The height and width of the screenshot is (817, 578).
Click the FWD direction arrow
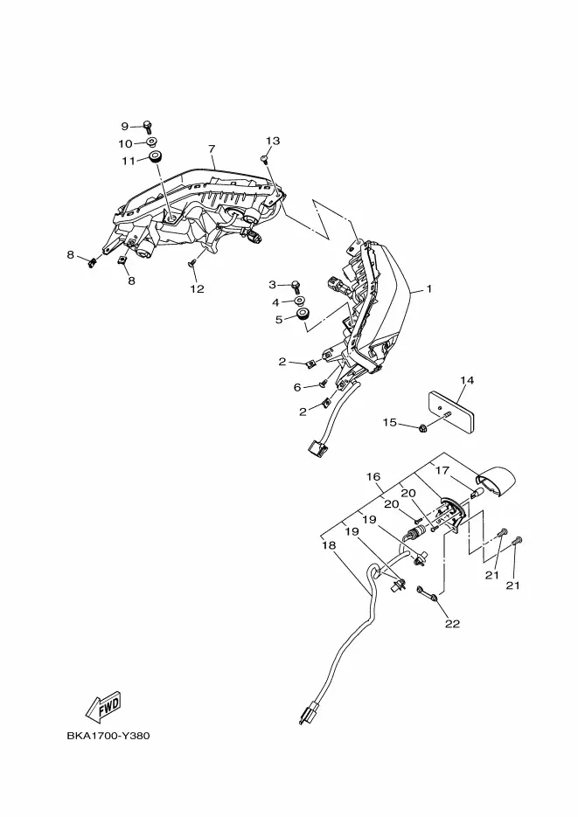(x=104, y=707)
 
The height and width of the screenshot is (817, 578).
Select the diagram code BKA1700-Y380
(x=108, y=736)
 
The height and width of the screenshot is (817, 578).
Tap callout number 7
(x=212, y=149)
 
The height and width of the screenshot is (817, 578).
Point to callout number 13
(x=273, y=141)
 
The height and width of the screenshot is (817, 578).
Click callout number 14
(x=467, y=380)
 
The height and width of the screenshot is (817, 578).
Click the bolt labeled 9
(x=147, y=126)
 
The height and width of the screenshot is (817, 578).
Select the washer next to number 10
(x=151, y=142)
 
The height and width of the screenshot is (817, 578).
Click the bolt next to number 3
(x=296, y=285)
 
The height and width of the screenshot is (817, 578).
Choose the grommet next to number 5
(x=303, y=315)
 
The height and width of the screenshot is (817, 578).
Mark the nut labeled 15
(x=421, y=428)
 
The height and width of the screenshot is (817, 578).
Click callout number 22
(x=452, y=623)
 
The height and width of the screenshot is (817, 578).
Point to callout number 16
(x=373, y=477)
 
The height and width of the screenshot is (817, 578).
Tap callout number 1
(x=429, y=288)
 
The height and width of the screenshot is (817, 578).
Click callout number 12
(x=197, y=288)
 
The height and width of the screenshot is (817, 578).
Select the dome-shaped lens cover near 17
(x=497, y=478)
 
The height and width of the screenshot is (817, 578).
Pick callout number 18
(x=329, y=545)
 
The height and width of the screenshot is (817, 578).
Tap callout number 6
(x=297, y=387)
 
